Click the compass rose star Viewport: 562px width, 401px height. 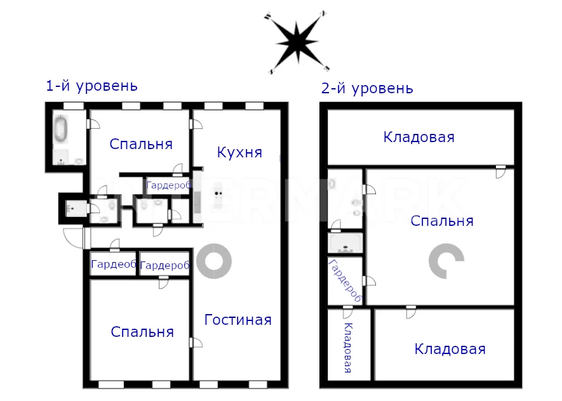(x=297, y=43)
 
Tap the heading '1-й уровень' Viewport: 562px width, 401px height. (x=91, y=86)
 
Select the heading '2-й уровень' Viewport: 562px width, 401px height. (x=367, y=88)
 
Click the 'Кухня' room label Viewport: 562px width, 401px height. (x=239, y=152)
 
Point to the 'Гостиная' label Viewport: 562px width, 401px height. (x=238, y=320)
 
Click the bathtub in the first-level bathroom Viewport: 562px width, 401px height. (x=61, y=129)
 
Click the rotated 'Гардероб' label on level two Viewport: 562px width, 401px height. (x=345, y=281)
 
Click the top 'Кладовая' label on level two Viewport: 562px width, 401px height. (x=418, y=137)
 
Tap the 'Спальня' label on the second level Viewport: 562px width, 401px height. (x=442, y=221)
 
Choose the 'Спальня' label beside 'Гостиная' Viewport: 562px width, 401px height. (x=142, y=332)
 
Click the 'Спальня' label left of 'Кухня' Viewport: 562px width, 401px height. (x=141, y=144)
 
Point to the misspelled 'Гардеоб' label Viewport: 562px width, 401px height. (x=114, y=264)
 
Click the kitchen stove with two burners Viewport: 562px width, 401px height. (x=218, y=194)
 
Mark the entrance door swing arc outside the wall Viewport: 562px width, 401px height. (x=72, y=238)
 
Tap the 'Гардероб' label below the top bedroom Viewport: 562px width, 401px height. (x=168, y=185)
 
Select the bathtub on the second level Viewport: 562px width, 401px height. (x=345, y=244)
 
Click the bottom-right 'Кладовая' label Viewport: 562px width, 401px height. (x=450, y=349)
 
